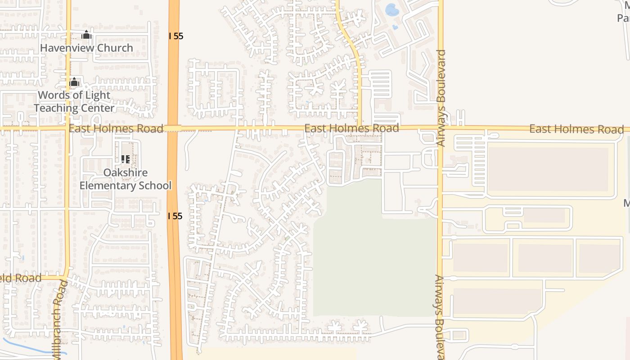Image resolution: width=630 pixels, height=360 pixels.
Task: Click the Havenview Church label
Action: pyautogui.click(x=86, y=48)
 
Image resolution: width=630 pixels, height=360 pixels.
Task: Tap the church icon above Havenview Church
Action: pyautogui.click(x=86, y=35)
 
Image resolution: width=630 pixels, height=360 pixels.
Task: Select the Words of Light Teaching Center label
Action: pyautogui.click(x=74, y=101)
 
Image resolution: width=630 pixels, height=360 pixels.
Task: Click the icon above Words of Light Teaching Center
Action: pyautogui.click(x=74, y=82)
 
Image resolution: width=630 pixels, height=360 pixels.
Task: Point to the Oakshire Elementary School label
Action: pyautogui.click(x=126, y=179)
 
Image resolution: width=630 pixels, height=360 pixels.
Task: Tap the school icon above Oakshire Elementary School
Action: pyautogui.click(x=126, y=159)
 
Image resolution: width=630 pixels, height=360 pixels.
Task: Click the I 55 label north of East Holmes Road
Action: pyautogui.click(x=176, y=36)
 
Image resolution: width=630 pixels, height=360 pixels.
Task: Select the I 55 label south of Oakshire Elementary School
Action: pyautogui.click(x=175, y=216)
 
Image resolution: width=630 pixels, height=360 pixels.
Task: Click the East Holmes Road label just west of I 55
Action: pyautogui.click(x=116, y=129)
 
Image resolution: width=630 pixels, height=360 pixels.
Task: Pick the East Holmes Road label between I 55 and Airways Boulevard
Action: pyautogui.click(x=351, y=128)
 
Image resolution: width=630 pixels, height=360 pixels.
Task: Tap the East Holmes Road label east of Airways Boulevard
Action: pyautogui.click(x=576, y=129)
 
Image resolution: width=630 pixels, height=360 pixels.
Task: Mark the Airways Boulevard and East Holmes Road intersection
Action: pyautogui.click(x=440, y=128)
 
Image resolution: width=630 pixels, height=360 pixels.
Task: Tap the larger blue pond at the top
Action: pyautogui.click(x=391, y=10)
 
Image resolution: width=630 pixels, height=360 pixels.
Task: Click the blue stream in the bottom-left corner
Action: pyautogui.click(x=27, y=346)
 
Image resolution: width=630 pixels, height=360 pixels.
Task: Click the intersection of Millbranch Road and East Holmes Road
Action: pyautogui.click(x=68, y=128)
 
